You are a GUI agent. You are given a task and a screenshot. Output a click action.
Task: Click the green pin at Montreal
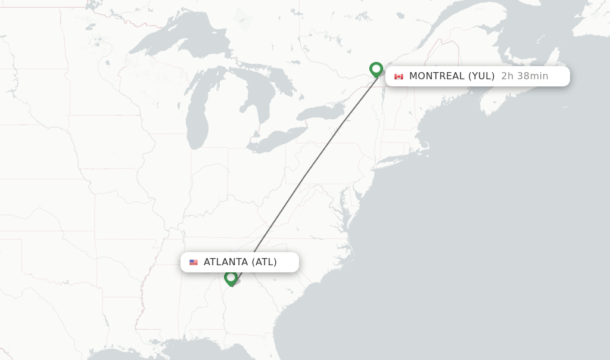point(376,69)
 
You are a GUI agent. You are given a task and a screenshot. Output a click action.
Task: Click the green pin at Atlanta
point(231,278)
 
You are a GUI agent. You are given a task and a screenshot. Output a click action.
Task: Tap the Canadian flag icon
point(399,76)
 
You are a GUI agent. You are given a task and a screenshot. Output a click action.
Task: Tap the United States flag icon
point(194,262)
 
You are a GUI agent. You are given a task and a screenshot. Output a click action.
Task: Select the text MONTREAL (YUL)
point(452,76)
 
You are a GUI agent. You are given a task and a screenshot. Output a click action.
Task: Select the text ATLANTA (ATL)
point(240,262)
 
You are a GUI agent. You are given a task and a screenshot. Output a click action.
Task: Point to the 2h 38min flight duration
point(524,76)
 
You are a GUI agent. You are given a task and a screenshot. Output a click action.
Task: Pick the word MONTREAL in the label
point(437,76)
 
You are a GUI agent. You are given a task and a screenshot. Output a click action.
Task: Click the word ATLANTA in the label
point(226,262)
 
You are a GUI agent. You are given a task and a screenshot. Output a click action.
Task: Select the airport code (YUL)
point(481,76)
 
